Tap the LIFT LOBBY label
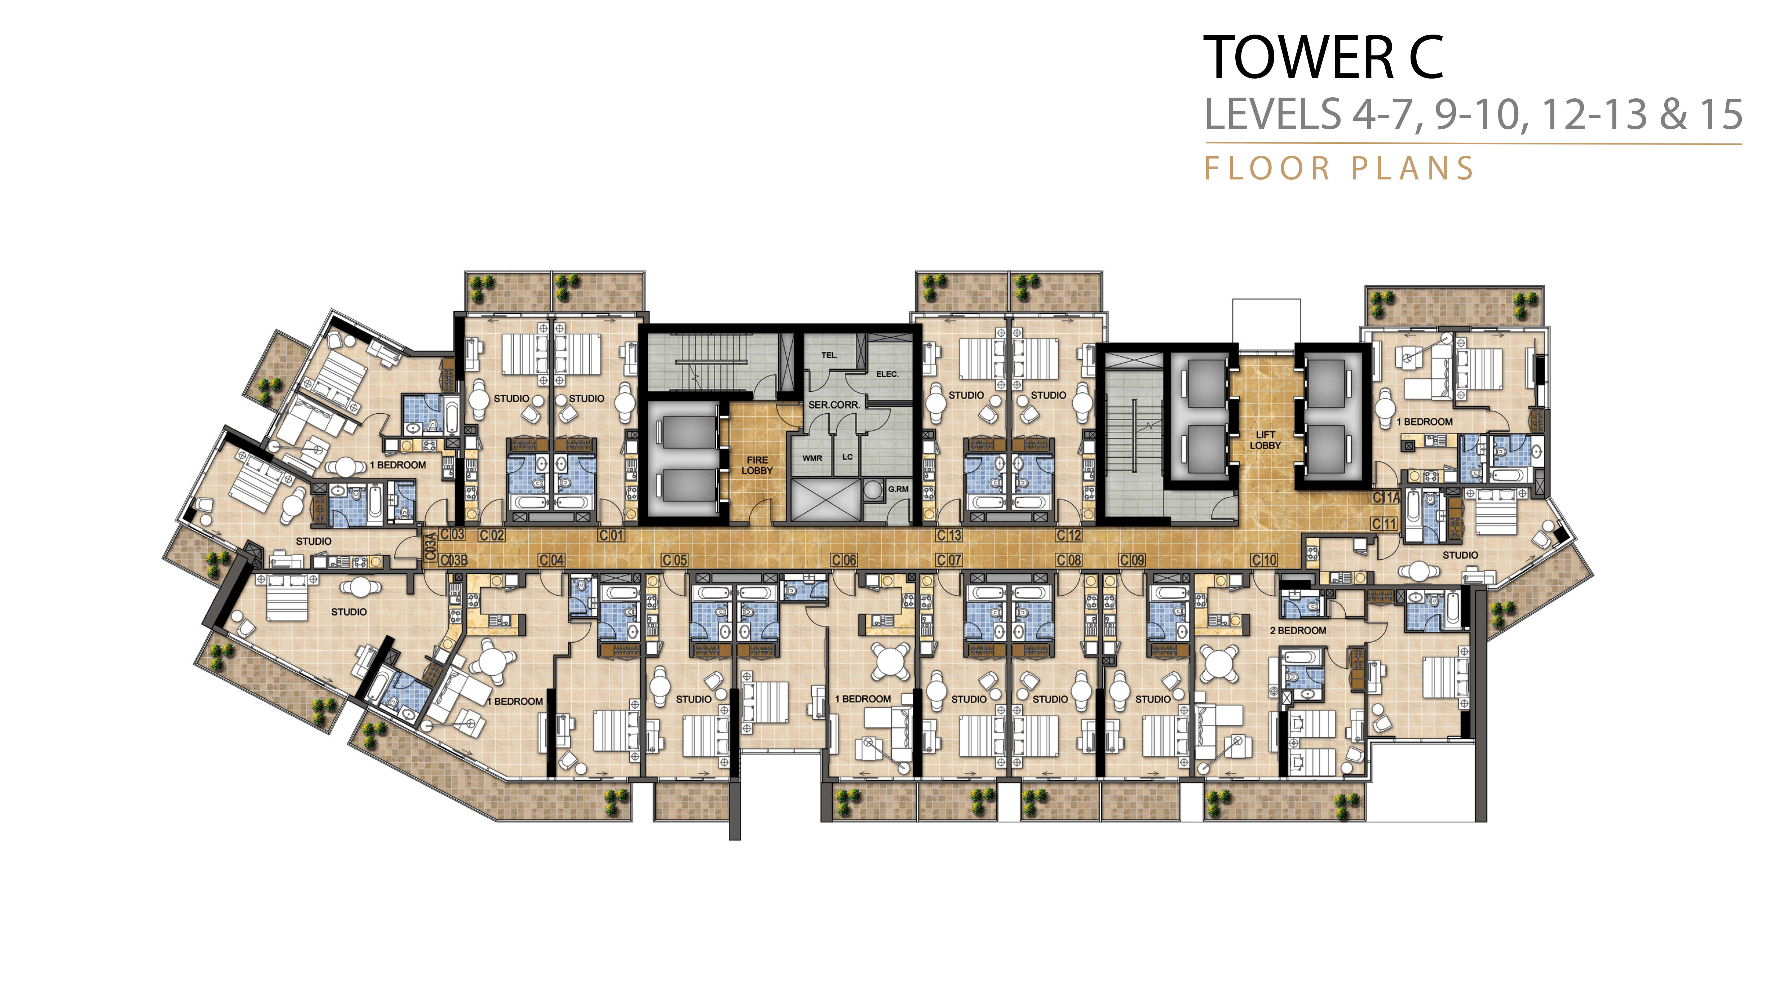(1265, 440)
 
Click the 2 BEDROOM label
(1298, 630)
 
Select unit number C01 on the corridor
(611, 535)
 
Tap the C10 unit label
(1263, 560)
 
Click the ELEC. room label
(887, 374)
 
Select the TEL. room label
(829, 355)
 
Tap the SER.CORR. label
(834, 405)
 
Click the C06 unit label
(844, 560)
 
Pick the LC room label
(847, 457)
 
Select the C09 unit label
(1132, 560)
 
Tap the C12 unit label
(1069, 535)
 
